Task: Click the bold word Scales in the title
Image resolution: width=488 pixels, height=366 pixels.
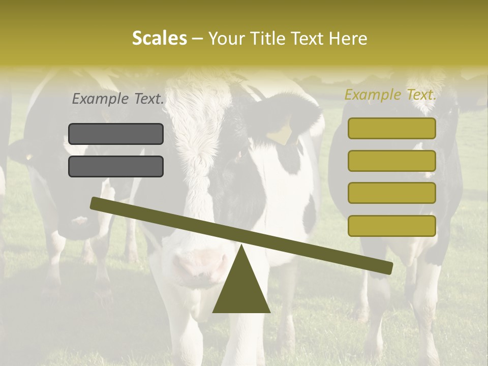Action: pos(159,38)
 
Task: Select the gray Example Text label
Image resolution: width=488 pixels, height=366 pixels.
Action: pos(118,99)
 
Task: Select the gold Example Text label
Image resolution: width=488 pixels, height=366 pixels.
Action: pos(390,95)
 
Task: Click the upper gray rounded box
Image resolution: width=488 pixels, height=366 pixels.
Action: pos(116,134)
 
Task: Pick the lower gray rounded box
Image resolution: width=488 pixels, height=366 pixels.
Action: pos(116,166)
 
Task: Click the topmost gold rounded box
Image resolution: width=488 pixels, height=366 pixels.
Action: pos(392,129)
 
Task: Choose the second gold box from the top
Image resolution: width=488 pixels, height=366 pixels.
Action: pos(392,161)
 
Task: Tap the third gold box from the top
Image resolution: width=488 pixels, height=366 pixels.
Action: pos(392,193)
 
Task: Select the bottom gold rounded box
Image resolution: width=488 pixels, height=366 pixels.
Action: pos(392,226)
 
